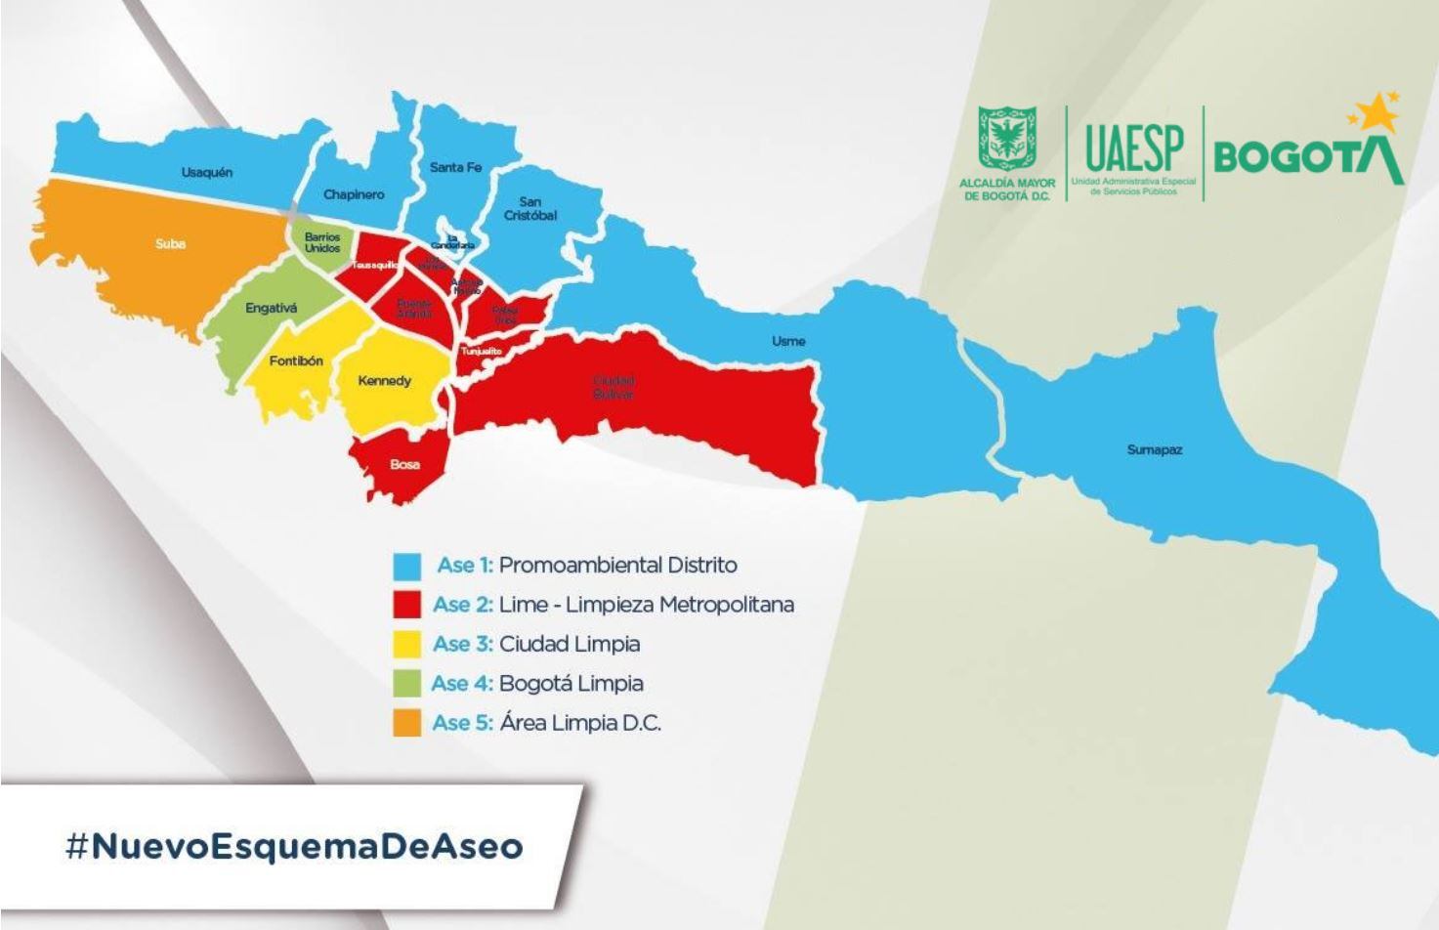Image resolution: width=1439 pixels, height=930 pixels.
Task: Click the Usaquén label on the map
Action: [207, 173]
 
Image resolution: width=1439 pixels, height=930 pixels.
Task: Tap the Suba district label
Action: [170, 244]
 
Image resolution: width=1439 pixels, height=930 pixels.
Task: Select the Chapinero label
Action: [354, 194]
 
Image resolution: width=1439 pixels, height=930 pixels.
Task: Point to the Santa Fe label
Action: [455, 168]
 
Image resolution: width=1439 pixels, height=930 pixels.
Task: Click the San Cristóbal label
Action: [530, 208]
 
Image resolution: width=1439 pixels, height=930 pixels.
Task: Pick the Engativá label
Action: [271, 309]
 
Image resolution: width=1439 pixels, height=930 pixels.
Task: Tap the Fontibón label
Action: [296, 361]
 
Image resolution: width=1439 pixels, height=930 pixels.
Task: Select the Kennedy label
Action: [384, 381]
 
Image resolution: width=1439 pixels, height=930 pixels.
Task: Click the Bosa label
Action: [404, 464]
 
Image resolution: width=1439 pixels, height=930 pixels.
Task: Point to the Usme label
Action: [788, 341]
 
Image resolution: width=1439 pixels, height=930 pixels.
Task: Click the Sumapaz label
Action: [1154, 450]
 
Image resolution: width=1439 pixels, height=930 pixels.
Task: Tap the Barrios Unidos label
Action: [322, 242]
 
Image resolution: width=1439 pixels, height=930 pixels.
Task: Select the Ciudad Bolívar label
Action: [613, 387]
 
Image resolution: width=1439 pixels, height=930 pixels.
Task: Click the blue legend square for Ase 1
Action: [406, 566]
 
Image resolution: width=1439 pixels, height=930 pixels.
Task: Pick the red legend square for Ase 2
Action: [406, 605]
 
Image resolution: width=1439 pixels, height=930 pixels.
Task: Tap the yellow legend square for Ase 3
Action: [406, 644]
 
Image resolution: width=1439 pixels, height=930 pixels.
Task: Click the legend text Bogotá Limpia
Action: [571, 684]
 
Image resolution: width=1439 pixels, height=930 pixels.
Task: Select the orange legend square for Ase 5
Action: [406, 723]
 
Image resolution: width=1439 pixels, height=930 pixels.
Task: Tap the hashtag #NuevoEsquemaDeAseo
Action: [294, 846]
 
